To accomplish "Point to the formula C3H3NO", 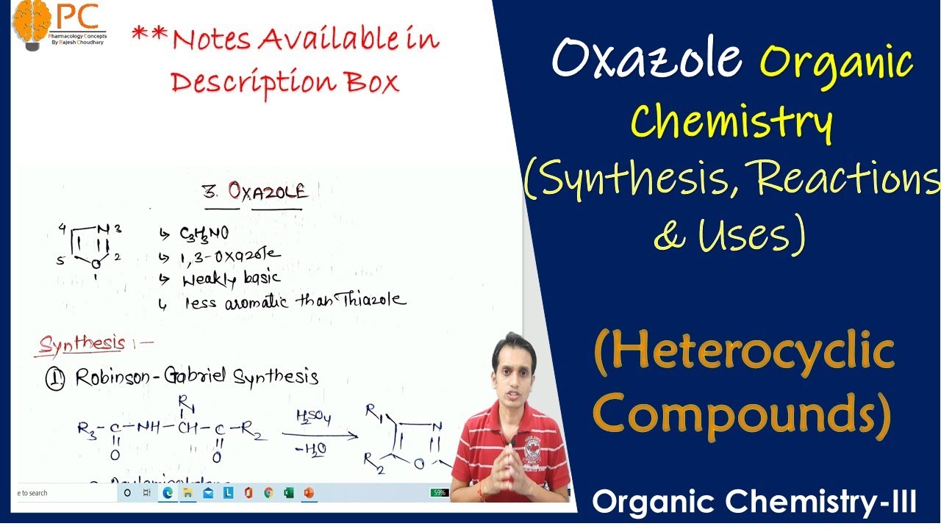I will coord(204,234).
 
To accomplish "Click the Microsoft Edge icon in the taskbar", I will coord(168,492).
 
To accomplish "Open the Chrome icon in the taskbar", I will coord(268,492).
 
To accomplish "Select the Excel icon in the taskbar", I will coord(288,492).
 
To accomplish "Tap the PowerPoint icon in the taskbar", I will coord(309,492).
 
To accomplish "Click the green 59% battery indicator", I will coord(439,492).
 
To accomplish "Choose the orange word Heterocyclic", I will coord(744,353).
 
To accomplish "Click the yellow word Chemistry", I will coord(732,123).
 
